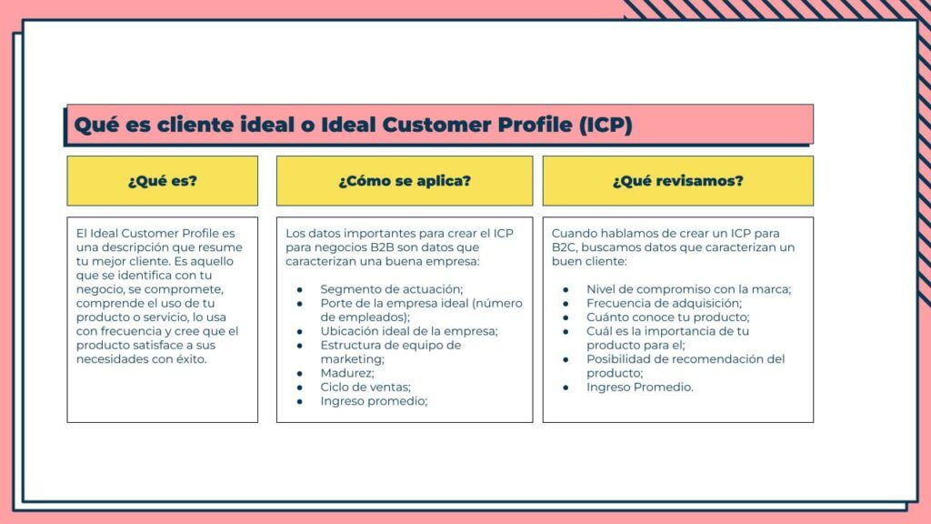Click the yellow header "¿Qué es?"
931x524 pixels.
(162, 181)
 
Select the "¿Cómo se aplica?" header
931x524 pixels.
(405, 181)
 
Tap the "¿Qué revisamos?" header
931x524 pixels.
(678, 181)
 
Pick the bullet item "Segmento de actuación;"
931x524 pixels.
(391, 289)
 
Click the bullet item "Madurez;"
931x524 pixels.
(347, 373)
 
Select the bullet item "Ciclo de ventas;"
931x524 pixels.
(365, 387)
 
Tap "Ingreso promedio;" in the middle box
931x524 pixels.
(374, 401)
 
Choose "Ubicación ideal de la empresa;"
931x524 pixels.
(409, 331)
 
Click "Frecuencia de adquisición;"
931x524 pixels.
(664, 303)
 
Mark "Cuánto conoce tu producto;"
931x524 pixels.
(668, 317)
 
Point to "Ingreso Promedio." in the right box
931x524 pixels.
(639, 387)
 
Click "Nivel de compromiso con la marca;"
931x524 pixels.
(689, 289)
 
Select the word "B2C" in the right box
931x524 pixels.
(564, 247)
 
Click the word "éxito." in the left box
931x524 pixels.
(190, 358)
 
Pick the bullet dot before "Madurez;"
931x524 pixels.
(300, 373)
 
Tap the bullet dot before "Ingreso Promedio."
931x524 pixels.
(566, 388)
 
